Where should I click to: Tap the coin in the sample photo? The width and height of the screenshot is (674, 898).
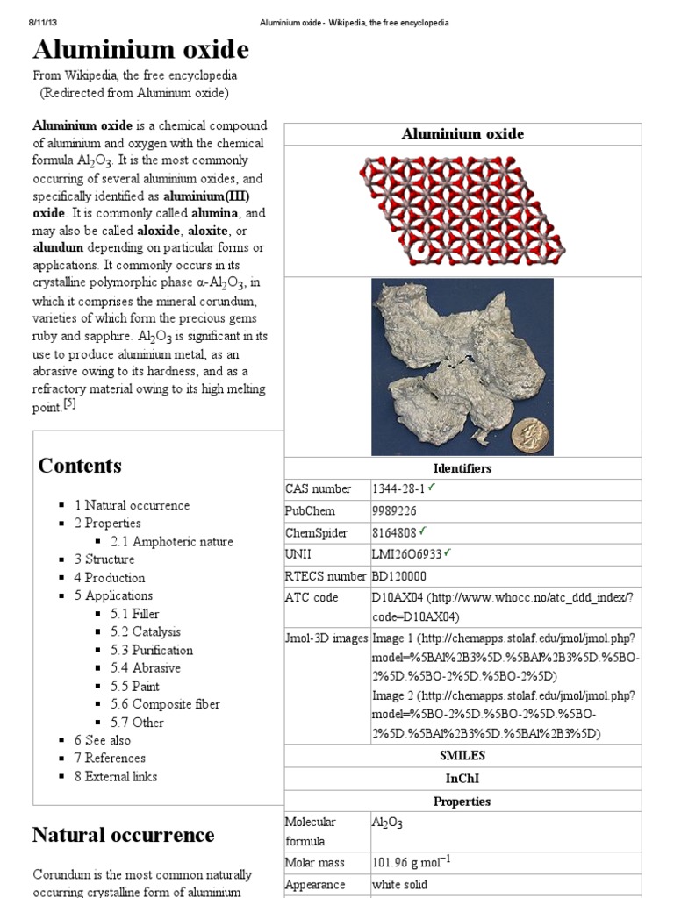529,433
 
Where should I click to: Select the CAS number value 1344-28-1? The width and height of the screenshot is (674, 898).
399,489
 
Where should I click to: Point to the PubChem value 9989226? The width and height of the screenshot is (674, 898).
394,511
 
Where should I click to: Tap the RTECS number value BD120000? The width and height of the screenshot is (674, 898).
398,576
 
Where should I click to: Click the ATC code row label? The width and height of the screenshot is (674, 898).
312,598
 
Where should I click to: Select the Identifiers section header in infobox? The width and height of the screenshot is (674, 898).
462,468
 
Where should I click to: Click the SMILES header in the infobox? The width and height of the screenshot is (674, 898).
462,755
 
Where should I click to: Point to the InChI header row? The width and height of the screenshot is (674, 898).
462,778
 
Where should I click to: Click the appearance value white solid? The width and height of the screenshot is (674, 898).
399,885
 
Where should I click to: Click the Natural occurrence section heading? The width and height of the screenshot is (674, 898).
123,834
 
